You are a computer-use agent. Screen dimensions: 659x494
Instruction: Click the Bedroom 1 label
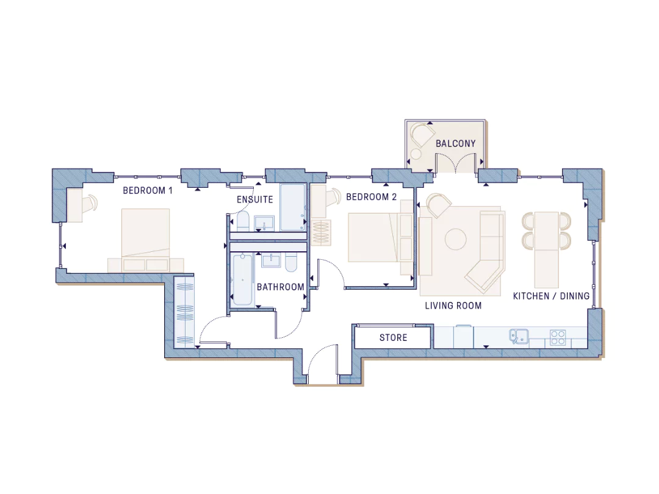[x=148, y=191]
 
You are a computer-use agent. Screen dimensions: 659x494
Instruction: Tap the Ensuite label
[x=254, y=199]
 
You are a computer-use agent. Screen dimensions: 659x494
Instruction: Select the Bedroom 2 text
[x=371, y=197]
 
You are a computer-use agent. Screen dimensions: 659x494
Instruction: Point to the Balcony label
[x=456, y=144]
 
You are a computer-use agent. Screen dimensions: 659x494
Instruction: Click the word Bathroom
[x=280, y=287]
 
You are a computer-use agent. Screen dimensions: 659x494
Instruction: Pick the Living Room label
[x=453, y=306]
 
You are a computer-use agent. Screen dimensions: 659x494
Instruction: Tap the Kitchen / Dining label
[x=551, y=296]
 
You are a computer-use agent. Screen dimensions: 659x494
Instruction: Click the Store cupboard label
[x=394, y=338]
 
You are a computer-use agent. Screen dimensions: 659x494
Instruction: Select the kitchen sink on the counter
[x=519, y=336]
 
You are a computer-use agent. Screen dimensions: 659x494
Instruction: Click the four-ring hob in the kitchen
[x=558, y=337]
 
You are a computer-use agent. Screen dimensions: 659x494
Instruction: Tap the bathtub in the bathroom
[x=242, y=279]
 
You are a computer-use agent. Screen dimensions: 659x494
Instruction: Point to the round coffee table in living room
[x=456, y=240]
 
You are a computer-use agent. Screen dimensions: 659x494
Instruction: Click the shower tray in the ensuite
[x=292, y=207]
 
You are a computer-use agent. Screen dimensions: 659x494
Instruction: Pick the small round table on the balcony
[x=416, y=154]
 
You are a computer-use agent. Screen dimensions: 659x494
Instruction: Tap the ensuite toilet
[x=243, y=221]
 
